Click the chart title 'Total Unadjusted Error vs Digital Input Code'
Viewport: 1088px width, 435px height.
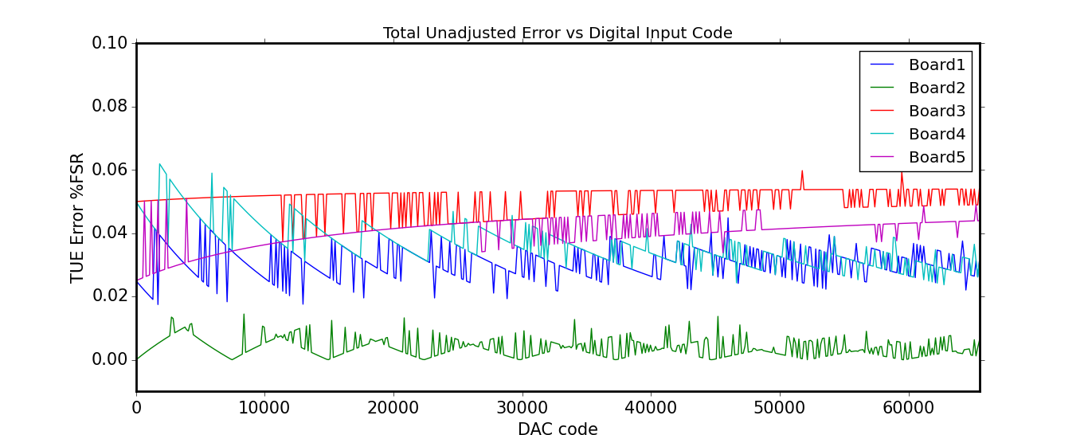(558, 33)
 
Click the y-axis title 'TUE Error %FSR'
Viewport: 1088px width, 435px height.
(77, 217)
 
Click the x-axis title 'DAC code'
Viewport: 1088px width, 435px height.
(558, 429)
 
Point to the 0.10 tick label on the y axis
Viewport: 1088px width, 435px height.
(110, 43)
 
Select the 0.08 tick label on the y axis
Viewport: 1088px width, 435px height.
(110, 107)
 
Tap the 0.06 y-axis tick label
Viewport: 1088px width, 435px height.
(110, 170)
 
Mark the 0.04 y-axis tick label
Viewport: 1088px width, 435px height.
(110, 233)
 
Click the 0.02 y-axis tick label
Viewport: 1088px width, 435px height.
(110, 296)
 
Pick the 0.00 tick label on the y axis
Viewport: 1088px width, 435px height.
(110, 359)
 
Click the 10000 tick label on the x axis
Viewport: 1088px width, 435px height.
(264, 406)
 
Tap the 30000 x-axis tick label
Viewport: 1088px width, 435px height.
(522, 406)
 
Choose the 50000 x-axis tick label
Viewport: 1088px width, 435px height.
(779, 406)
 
